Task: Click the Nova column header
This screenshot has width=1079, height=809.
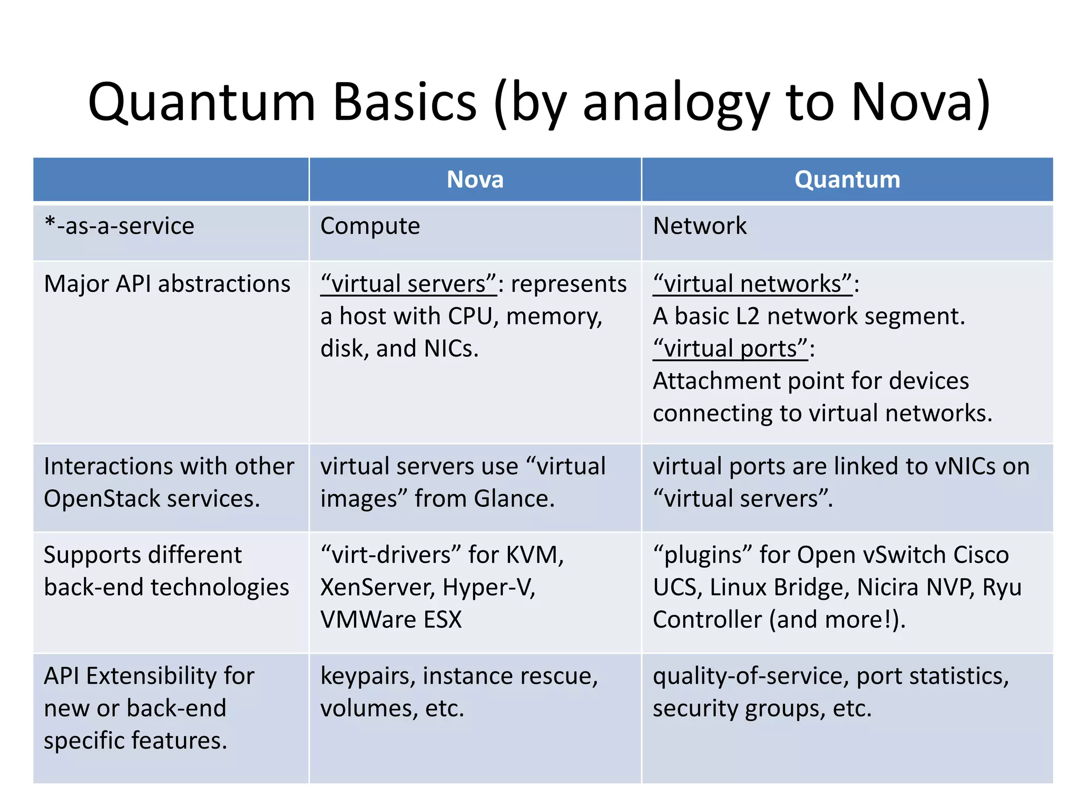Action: tap(475, 180)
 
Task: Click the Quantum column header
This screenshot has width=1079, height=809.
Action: tap(847, 180)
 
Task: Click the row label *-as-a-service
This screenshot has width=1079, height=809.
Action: tap(120, 226)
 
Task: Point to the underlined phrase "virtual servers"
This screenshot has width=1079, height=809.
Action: tap(408, 284)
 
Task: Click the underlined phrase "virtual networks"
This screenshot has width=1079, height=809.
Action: tap(752, 284)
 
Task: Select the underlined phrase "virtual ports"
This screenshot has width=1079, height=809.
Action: tap(730, 349)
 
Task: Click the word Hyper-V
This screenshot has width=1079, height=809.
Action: tap(488, 587)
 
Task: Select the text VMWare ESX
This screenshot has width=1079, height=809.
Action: tap(391, 619)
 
